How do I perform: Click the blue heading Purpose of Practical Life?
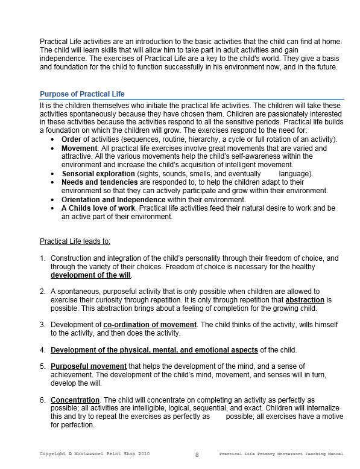(82, 94)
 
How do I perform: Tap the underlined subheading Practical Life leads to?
(75, 241)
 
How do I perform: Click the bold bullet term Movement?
(79, 148)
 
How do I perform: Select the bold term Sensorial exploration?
(98, 174)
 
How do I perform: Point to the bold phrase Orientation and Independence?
(113, 199)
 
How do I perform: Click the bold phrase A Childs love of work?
(98, 208)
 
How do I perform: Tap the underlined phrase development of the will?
(90, 275)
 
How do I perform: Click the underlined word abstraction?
(305, 300)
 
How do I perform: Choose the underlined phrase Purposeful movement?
(89, 366)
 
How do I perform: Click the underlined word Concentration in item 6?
(75, 400)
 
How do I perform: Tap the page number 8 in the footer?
(197, 454)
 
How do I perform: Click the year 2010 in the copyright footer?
(139, 453)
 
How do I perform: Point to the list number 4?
(43, 350)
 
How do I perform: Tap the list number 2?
(43, 292)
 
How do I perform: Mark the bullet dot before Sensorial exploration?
(54, 174)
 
